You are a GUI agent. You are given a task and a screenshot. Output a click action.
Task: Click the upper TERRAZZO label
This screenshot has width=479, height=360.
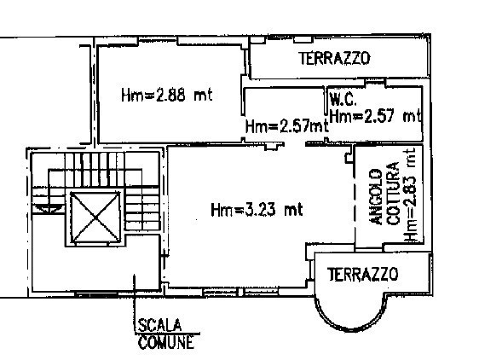(334, 58)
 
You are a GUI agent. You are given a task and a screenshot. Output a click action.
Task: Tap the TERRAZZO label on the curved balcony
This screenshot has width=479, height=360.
(362, 274)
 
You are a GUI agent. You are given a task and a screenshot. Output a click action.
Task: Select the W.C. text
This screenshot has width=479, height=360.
(343, 100)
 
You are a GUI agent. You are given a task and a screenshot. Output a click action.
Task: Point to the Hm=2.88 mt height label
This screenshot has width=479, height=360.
(166, 95)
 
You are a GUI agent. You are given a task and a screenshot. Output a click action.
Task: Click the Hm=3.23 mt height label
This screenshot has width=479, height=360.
(257, 210)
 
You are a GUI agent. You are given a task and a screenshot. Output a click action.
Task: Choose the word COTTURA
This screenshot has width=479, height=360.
(394, 194)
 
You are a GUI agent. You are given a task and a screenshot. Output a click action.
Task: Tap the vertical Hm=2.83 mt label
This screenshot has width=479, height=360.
(410, 195)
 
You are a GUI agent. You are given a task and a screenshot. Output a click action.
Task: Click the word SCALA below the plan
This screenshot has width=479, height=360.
(159, 325)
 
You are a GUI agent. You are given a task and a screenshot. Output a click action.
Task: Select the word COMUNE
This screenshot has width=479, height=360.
(166, 342)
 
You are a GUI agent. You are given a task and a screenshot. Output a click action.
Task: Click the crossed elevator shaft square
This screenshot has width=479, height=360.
(95, 218)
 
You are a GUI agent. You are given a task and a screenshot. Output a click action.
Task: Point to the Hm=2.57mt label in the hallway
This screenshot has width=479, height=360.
(287, 126)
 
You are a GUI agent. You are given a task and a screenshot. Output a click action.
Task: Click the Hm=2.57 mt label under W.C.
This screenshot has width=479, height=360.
(376, 116)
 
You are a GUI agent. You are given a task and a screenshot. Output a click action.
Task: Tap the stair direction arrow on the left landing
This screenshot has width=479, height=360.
(49, 207)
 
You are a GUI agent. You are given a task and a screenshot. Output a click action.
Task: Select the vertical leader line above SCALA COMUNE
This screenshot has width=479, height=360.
(135, 303)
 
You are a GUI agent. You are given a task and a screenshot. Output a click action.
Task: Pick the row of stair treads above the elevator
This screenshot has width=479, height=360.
(95, 170)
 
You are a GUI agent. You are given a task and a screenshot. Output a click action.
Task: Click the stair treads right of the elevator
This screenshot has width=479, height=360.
(142, 209)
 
